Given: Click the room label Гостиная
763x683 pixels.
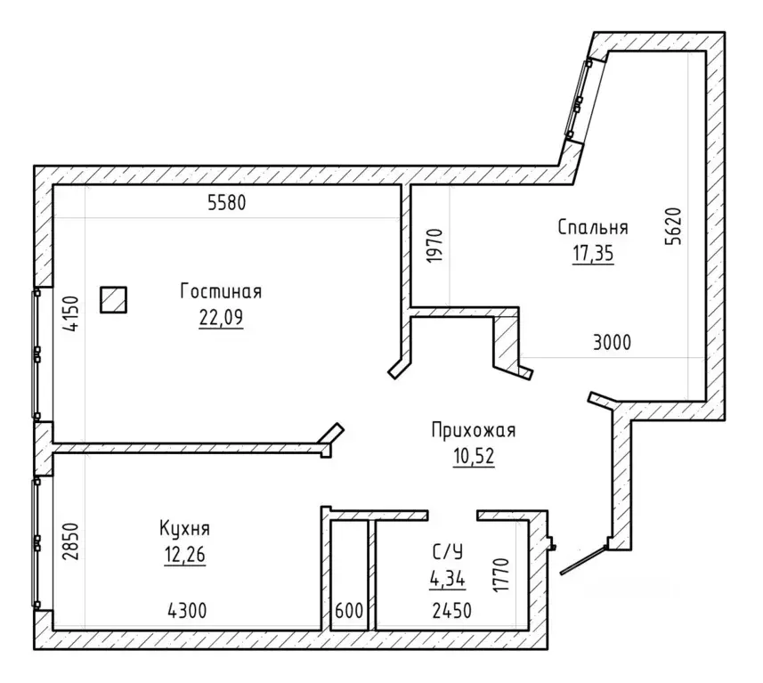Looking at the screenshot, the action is [x=221, y=291].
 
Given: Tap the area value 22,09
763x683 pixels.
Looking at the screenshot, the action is [x=221, y=318].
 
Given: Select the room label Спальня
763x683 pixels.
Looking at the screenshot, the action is [x=593, y=227].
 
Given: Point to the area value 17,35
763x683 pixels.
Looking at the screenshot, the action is [x=593, y=254].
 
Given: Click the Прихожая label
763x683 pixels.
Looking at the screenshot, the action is [x=474, y=431].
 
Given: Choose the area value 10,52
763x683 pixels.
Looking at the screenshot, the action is [x=474, y=457].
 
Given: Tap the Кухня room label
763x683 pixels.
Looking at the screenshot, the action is [x=184, y=528].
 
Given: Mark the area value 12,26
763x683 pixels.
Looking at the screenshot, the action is [x=185, y=555].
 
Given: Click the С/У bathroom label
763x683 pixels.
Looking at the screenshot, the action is [x=448, y=552].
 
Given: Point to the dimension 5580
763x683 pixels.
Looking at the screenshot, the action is [x=227, y=202].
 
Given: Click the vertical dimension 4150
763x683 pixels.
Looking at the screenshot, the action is [x=71, y=313].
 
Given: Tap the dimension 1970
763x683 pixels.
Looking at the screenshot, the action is [x=434, y=246].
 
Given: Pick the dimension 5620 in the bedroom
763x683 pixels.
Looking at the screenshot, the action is [x=675, y=226].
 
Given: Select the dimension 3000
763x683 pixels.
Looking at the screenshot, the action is [x=613, y=343].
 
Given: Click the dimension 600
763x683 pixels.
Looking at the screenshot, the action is [x=349, y=611].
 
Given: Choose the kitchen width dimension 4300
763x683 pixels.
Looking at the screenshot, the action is [x=187, y=611].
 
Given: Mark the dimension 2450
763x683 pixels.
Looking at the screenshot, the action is [x=452, y=611].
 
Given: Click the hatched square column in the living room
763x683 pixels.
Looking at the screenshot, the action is [x=113, y=299].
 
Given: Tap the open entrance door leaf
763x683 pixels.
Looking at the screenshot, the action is [x=583, y=561].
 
